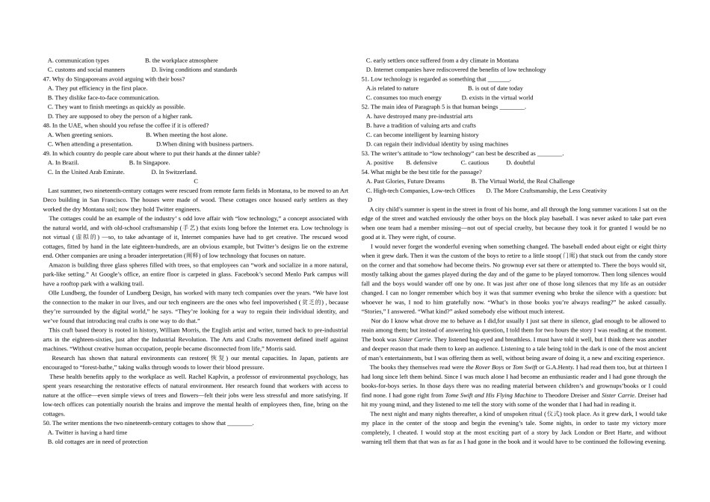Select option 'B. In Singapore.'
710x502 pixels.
pos(149,162)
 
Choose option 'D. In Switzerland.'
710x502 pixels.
pos(174,172)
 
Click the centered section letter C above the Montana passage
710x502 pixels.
pos(196,181)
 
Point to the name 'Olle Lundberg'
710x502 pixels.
pos(64,292)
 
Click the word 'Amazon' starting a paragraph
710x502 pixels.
pos(59,265)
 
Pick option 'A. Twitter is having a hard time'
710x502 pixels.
pos(87,432)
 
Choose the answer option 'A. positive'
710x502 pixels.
pos(380,162)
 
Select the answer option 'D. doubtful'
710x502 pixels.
pos(520,162)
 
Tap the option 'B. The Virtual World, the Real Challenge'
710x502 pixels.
pos(522,181)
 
